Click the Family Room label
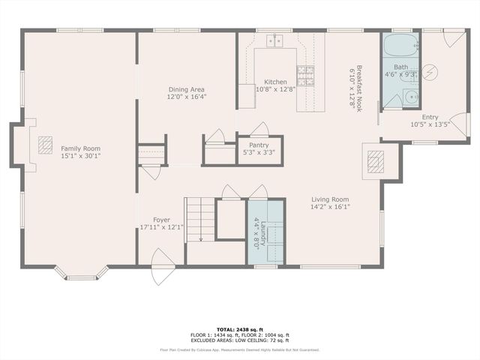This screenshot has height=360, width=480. coord(80,148)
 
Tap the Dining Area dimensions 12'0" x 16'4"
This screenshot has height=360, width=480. coord(187,97)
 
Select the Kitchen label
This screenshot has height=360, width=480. coord(275,82)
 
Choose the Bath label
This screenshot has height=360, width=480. coord(401,67)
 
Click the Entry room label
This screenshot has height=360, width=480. coord(430,117)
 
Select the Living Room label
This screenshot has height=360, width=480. coord(330,199)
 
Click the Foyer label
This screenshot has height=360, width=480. coord(161,220)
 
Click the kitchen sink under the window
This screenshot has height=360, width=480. coord(275,40)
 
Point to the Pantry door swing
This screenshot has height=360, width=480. coord(259,129)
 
